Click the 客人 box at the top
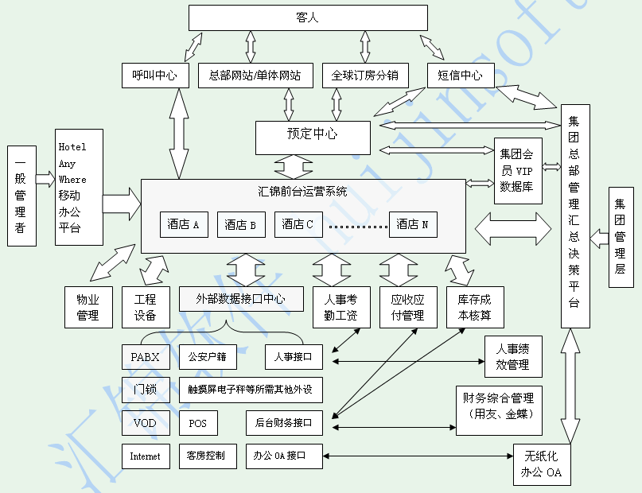pos(308,17)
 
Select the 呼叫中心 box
pos(155,76)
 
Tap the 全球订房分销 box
pos(365,76)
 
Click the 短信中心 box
pos(460,76)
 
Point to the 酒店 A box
pos(184,225)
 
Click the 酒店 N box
pos(413,225)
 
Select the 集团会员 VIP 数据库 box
pos(518,170)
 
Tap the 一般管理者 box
pos(21,195)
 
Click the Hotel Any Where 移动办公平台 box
pos(79,187)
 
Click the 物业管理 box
pos(88,308)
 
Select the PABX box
pos(146,357)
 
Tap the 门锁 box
pos(146,390)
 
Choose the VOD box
pos(146,423)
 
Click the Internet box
pos(146,456)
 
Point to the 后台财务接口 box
pos(284,423)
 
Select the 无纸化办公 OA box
pos(543,464)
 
